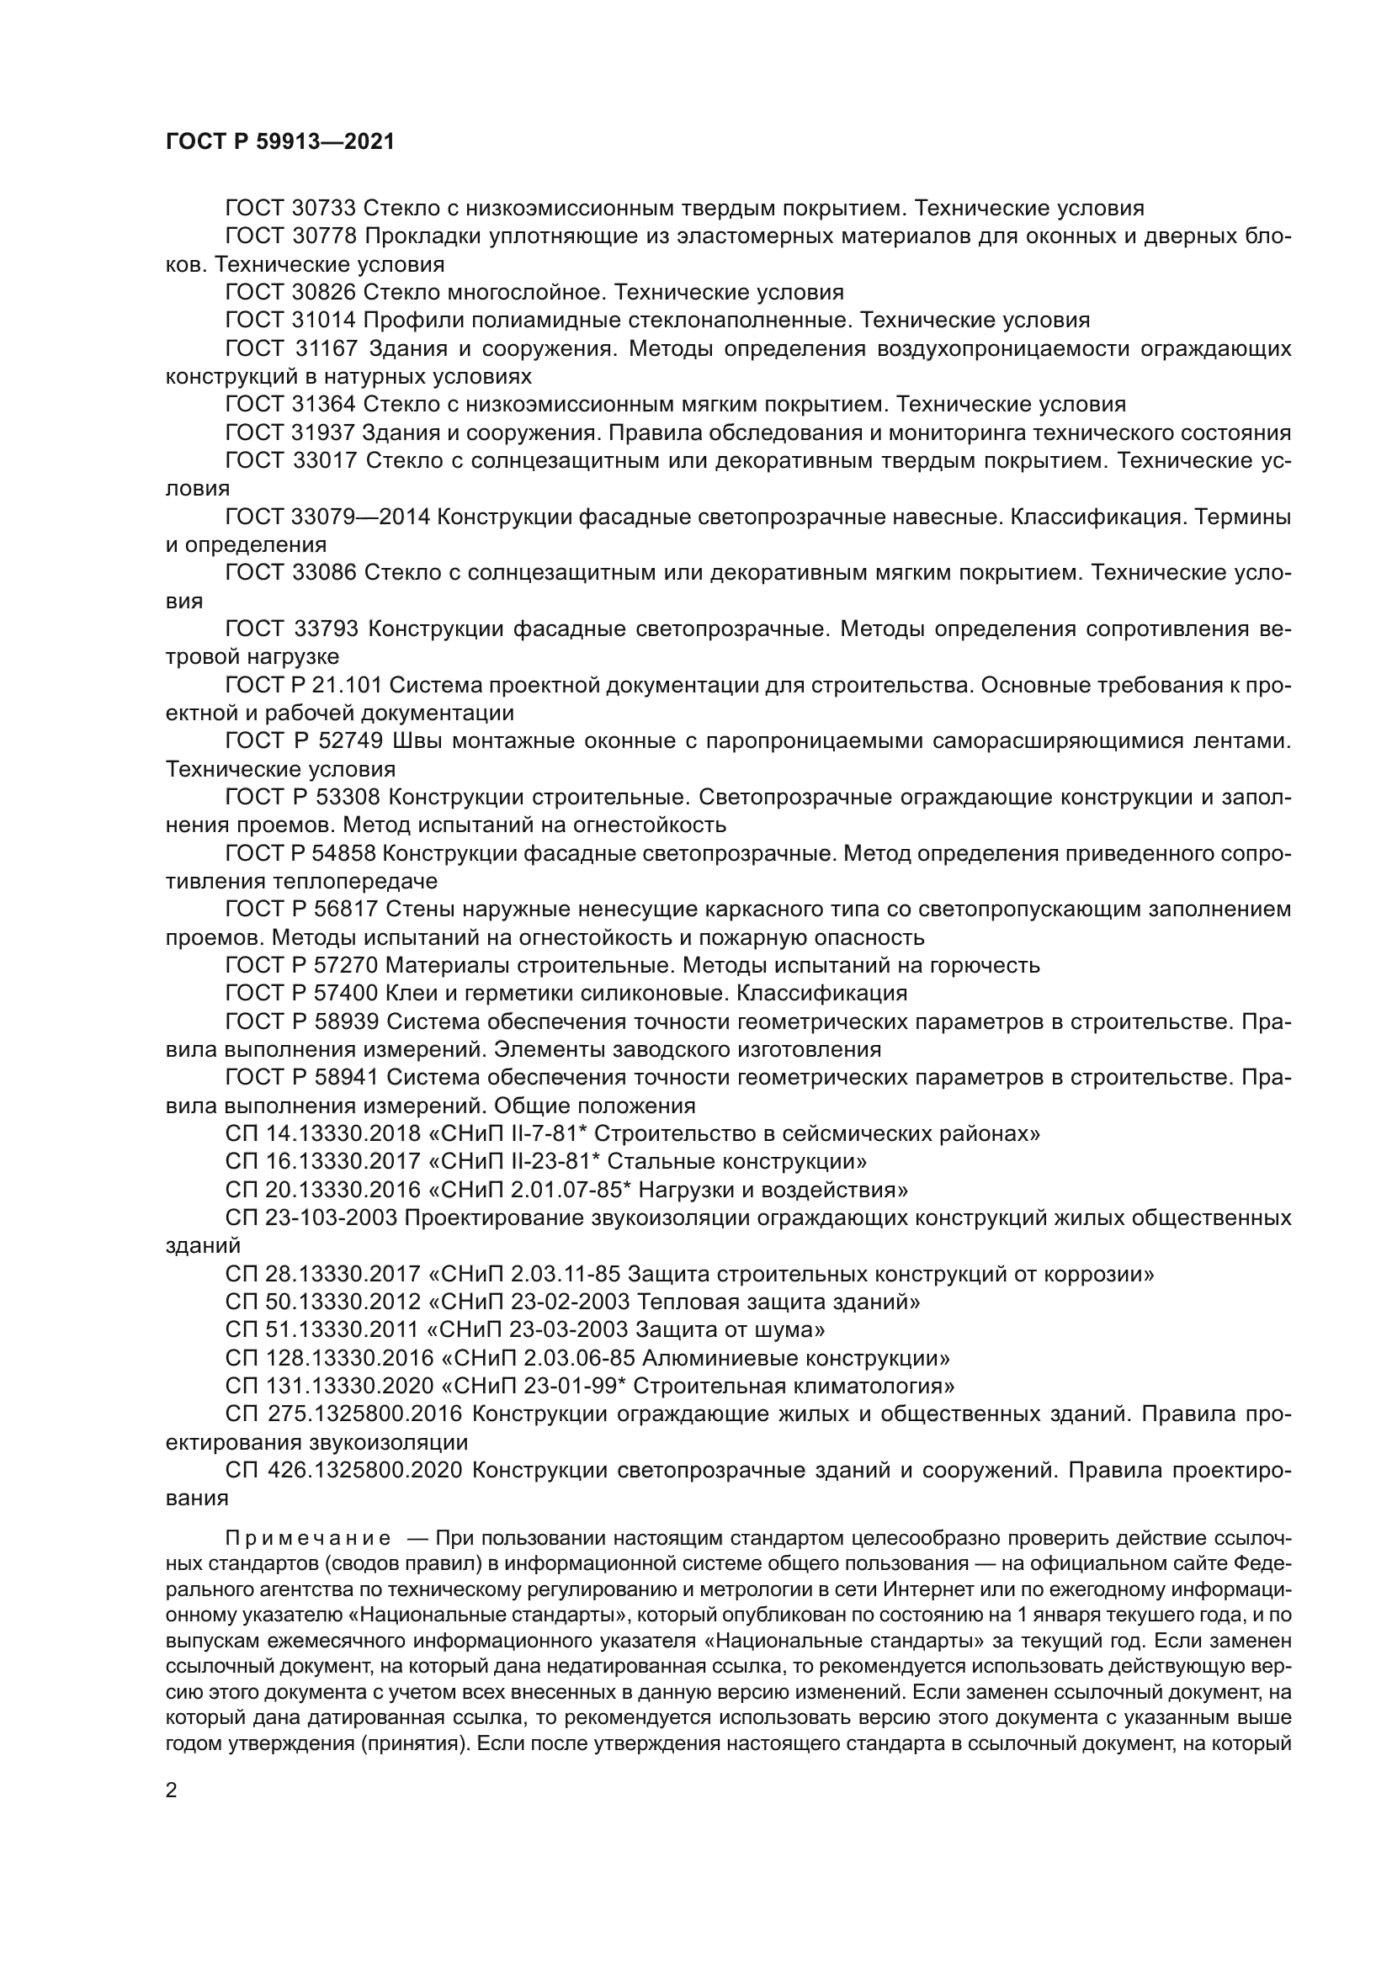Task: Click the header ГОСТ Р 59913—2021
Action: click(x=279, y=142)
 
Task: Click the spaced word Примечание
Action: click(x=309, y=1539)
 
